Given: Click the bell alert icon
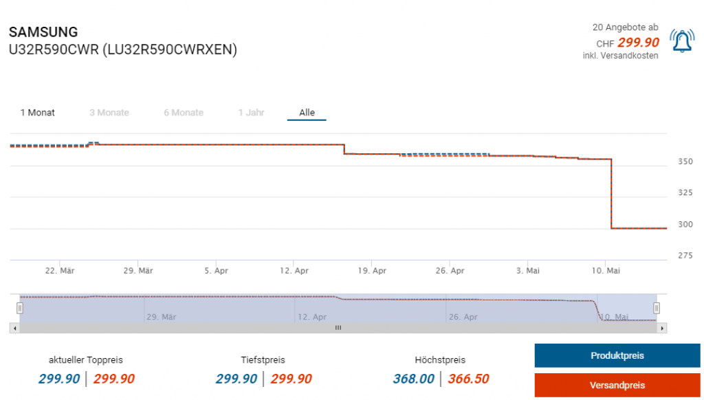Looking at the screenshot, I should coord(681,42).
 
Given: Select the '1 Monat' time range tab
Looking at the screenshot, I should coord(38,113).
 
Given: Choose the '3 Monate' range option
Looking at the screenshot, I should coord(109,113).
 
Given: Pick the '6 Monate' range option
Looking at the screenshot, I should coord(184,113).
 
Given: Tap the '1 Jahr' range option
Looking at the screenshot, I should coord(251,113).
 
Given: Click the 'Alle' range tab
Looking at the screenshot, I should coord(307,113).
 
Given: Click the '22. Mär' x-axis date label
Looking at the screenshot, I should coord(60,271).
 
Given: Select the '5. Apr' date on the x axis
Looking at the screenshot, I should coord(216,271).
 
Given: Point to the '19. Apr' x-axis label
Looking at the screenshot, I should coord(372,271).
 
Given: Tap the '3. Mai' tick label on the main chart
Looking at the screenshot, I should coord(528,271).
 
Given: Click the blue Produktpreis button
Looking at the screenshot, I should coord(617,356).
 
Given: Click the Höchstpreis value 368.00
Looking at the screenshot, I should coord(414,379).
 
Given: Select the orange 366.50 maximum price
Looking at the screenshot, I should coord(468,379).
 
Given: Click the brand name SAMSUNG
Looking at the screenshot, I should coord(43,32).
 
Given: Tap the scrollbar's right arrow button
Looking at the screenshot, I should coord(662,329).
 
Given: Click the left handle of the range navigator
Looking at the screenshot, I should coord(20,308).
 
